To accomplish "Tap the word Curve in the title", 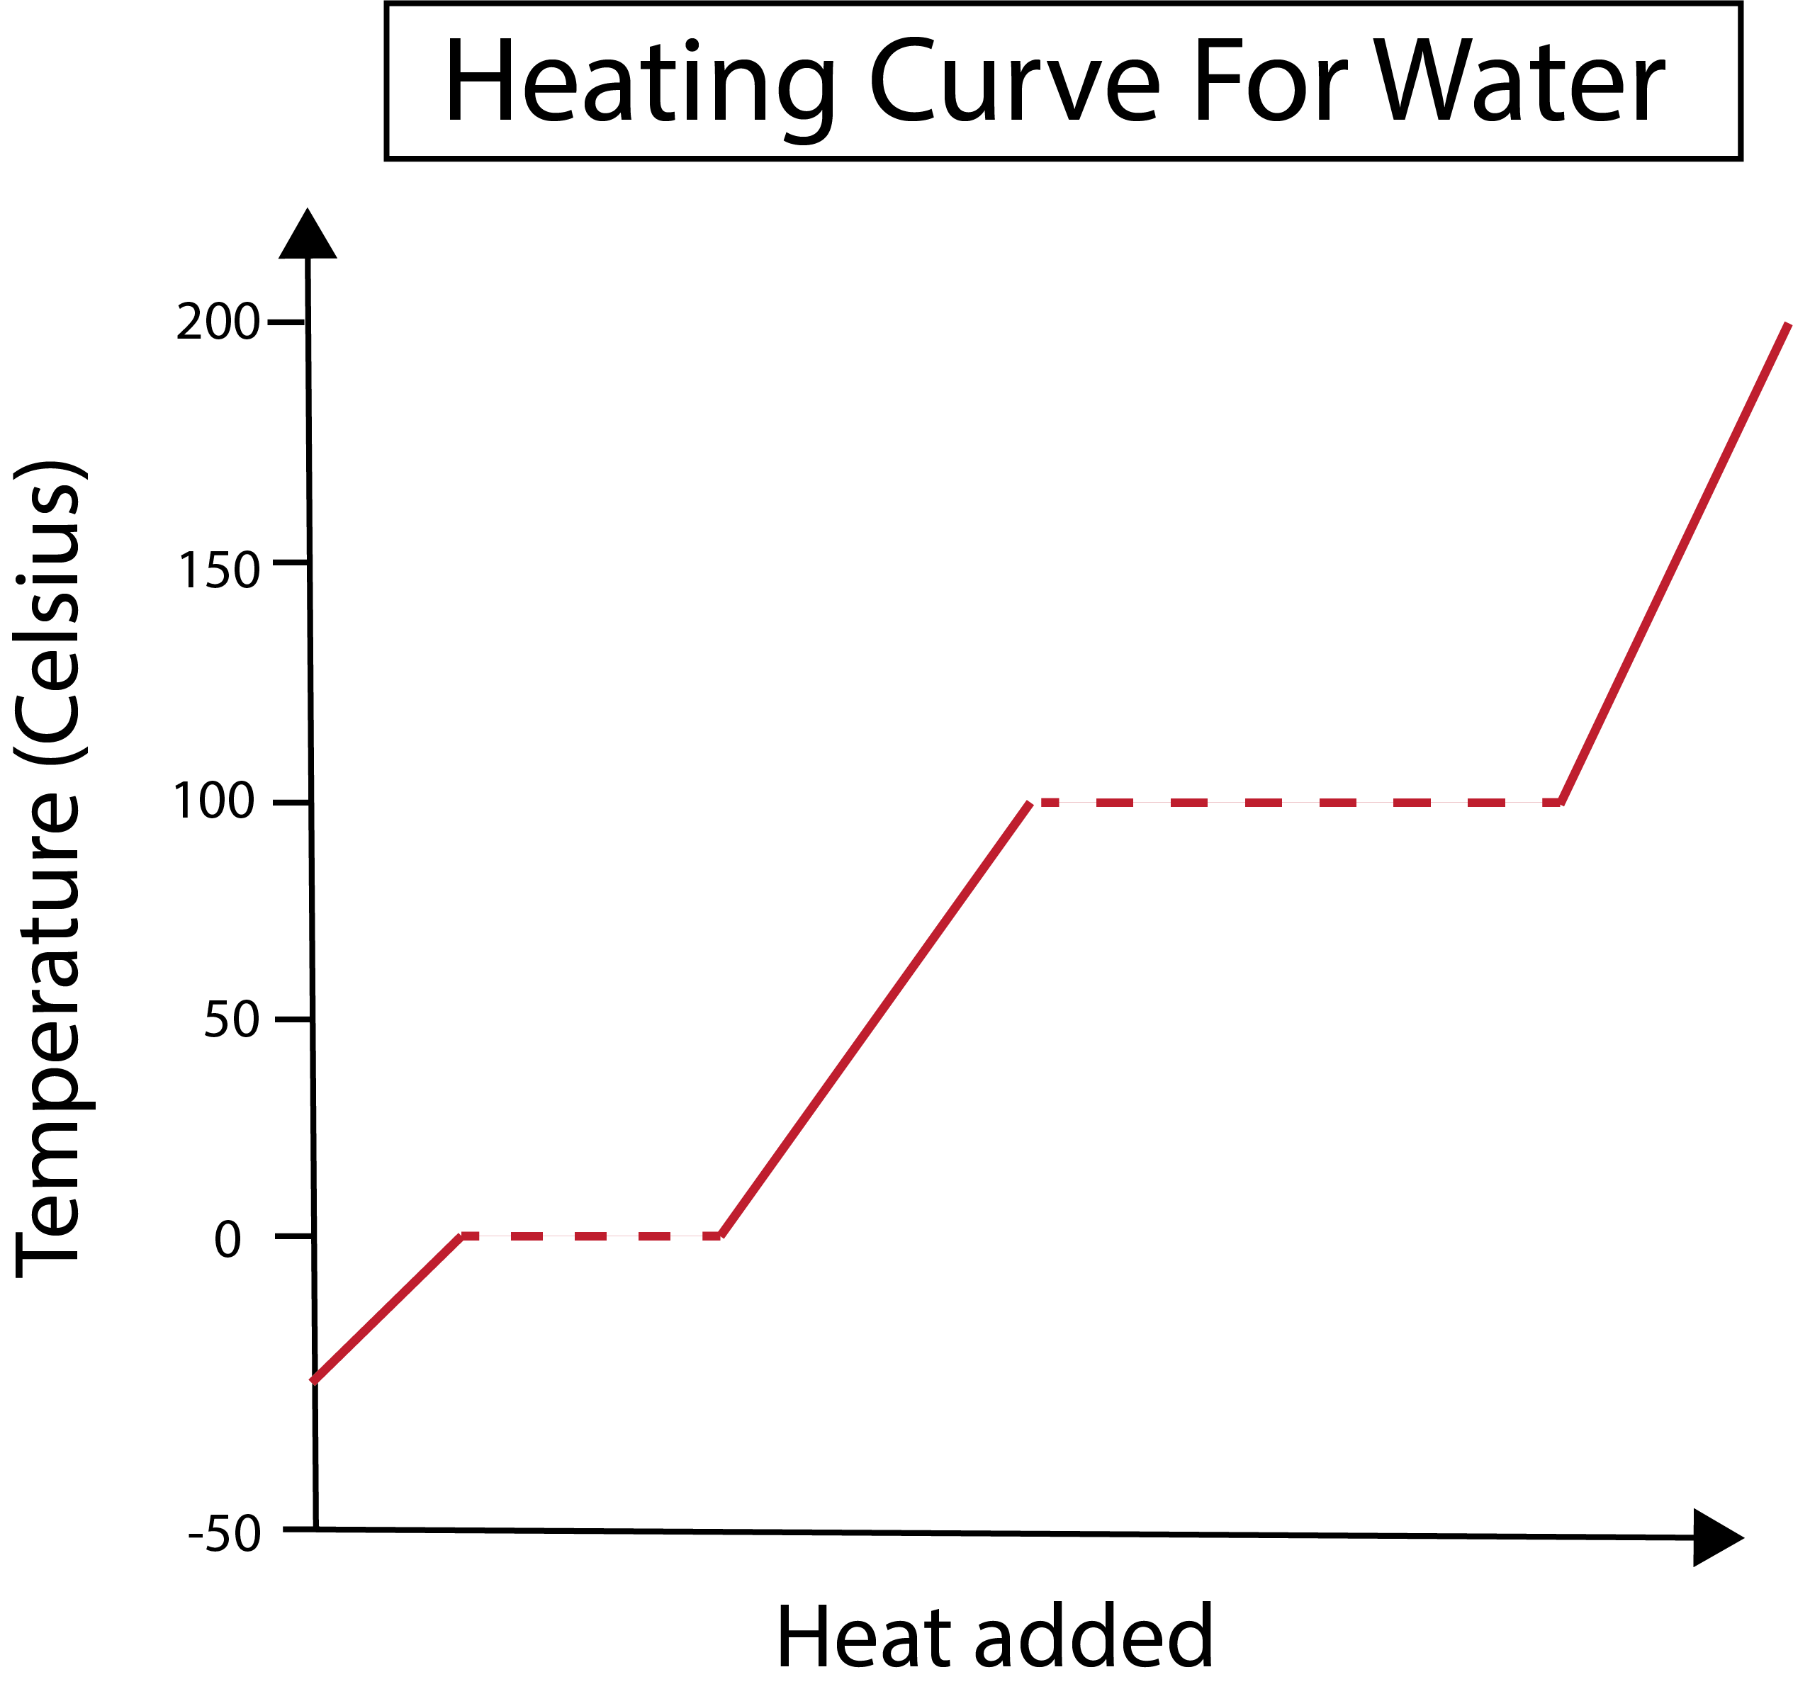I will (1015, 83).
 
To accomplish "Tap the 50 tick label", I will (232, 1020).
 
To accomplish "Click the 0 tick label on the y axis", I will (228, 1240).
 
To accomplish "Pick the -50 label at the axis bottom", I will (225, 1534).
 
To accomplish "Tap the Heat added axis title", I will (994, 1637).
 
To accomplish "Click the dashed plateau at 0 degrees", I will (591, 1236).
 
